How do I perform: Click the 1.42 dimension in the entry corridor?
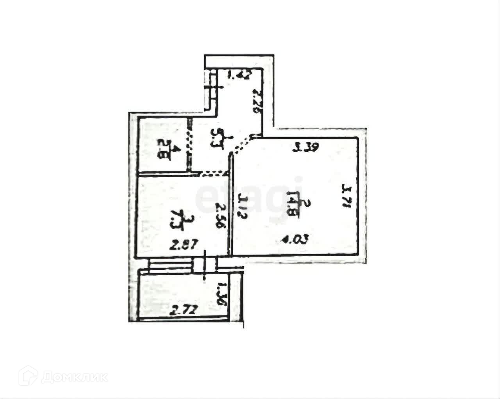pyautogui.click(x=238, y=75)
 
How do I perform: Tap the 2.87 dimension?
pyautogui.click(x=185, y=246)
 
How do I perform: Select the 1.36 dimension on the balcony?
pyautogui.click(x=221, y=296)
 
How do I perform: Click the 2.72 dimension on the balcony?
pyautogui.click(x=185, y=312)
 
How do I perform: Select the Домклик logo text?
pyautogui.click(x=74, y=377)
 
